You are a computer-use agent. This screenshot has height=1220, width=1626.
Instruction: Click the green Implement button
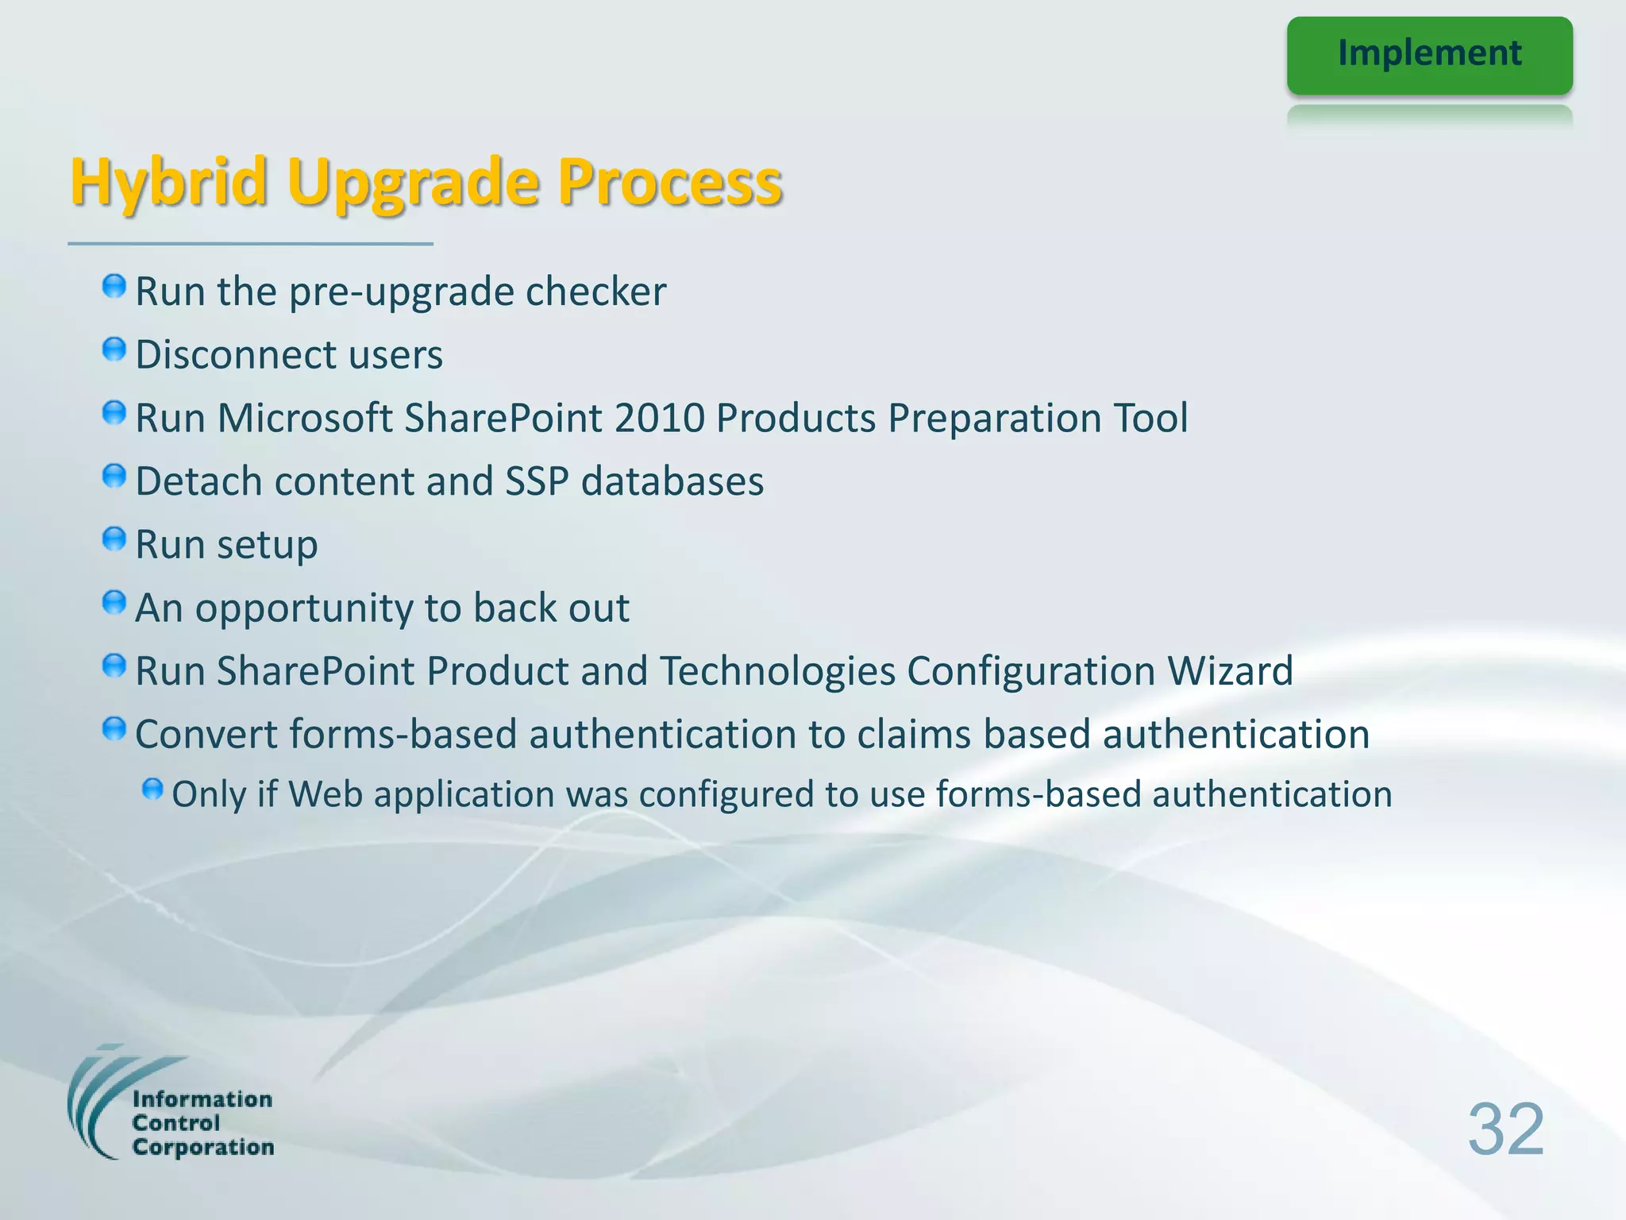click(x=1429, y=55)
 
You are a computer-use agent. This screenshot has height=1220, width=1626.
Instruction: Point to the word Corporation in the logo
click(x=203, y=1147)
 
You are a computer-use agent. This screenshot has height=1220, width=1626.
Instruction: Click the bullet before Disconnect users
click(x=114, y=349)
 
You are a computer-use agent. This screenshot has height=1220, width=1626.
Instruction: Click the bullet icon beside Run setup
click(x=114, y=539)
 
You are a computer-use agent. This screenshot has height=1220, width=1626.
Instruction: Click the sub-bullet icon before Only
click(x=152, y=790)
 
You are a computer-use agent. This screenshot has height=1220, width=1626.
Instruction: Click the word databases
click(x=672, y=481)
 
